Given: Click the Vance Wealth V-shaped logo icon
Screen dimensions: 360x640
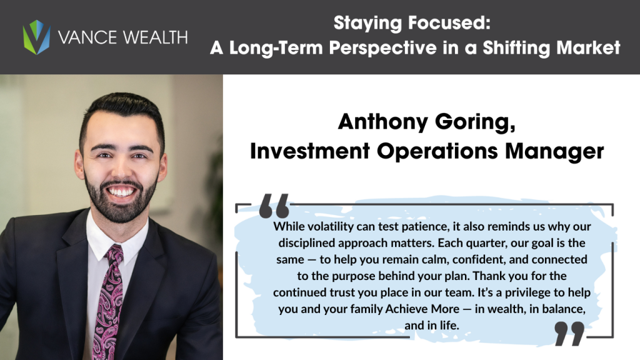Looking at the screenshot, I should tap(36, 37).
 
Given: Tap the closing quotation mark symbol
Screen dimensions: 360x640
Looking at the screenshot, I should tap(569, 333).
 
